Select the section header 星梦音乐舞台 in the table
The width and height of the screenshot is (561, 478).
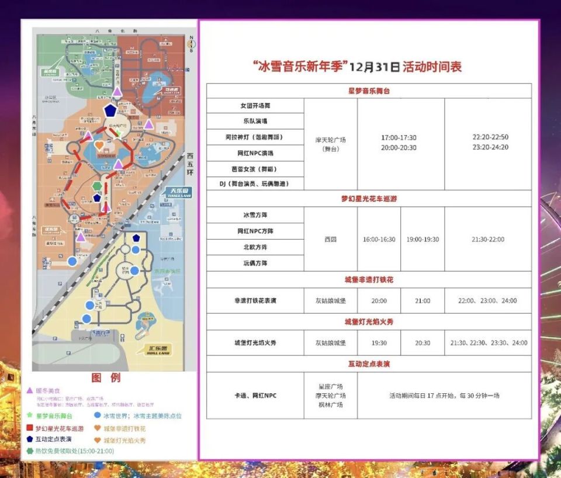(368, 91)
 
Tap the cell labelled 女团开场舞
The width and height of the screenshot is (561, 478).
(255, 106)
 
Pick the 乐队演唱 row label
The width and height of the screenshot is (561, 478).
(255, 122)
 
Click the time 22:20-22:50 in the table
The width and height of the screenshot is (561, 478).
(490, 137)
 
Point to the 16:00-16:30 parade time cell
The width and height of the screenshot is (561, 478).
(379, 240)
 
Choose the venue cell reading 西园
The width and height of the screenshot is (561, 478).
(331, 240)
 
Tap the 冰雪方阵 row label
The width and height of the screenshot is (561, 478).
(255, 215)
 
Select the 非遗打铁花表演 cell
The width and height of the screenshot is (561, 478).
(255, 300)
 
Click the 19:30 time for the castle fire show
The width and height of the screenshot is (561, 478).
(379, 343)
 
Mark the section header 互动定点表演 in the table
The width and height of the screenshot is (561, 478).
(368, 364)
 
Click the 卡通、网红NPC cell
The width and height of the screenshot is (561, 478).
(255, 396)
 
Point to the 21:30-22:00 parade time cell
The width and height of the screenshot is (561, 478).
(488, 240)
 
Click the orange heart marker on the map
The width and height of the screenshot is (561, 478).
(99, 144)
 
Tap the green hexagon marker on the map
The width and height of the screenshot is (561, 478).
(96, 186)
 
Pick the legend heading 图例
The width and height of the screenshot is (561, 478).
(106, 378)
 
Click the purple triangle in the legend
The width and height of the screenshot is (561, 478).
(29, 390)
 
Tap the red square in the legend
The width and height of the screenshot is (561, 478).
(29, 428)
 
